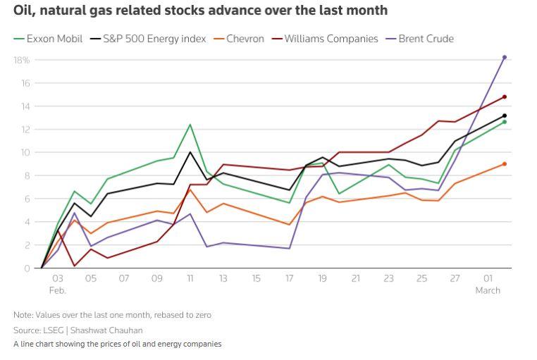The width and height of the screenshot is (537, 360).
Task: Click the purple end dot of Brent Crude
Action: pyautogui.click(x=505, y=57)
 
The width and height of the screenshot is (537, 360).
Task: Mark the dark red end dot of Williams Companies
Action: pyautogui.click(x=505, y=97)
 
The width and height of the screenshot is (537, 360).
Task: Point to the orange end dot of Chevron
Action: pyautogui.click(x=505, y=164)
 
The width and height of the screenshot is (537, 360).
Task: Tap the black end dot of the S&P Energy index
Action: pyautogui.click(x=505, y=116)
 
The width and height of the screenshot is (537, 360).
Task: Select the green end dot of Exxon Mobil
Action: pyautogui.click(x=505, y=122)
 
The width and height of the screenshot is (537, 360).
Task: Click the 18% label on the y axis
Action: pyautogui.click(x=21, y=60)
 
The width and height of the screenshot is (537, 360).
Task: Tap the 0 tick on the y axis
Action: pyautogui.click(x=27, y=268)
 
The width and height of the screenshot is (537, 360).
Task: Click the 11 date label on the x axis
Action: pyautogui.click(x=190, y=279)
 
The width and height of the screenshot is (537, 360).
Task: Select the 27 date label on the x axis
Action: pyautogui.click(x=455, y=279)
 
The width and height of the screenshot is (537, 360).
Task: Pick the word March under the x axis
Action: pyautogui.click(x=488, y=290)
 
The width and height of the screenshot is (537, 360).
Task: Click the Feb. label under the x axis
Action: pyautogui.click(x=58, y=290)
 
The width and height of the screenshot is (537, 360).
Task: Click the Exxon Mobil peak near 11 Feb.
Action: pyautogui.click(x=190, y=125)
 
